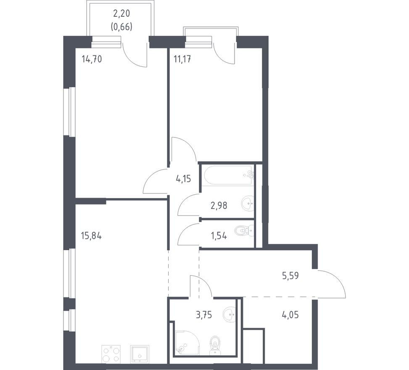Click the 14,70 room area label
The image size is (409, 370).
(92, 59)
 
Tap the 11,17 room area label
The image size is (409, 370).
(182, 59)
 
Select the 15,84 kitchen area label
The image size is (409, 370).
(91, 236)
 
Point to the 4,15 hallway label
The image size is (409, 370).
(184, 179)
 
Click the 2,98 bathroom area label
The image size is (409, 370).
(219, 206)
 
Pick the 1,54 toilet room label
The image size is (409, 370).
(219, 236)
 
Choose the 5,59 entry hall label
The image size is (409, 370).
(290, 275)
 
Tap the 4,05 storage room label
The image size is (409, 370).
(290, 315)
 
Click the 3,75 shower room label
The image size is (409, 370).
(204, 315)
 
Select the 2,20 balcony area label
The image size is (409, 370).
(122, 13)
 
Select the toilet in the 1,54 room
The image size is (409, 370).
(244, 231)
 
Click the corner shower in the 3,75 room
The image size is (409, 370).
(187, 343)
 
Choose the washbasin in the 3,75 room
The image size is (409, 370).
(229, 314)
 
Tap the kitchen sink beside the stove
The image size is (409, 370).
(140, 354)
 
